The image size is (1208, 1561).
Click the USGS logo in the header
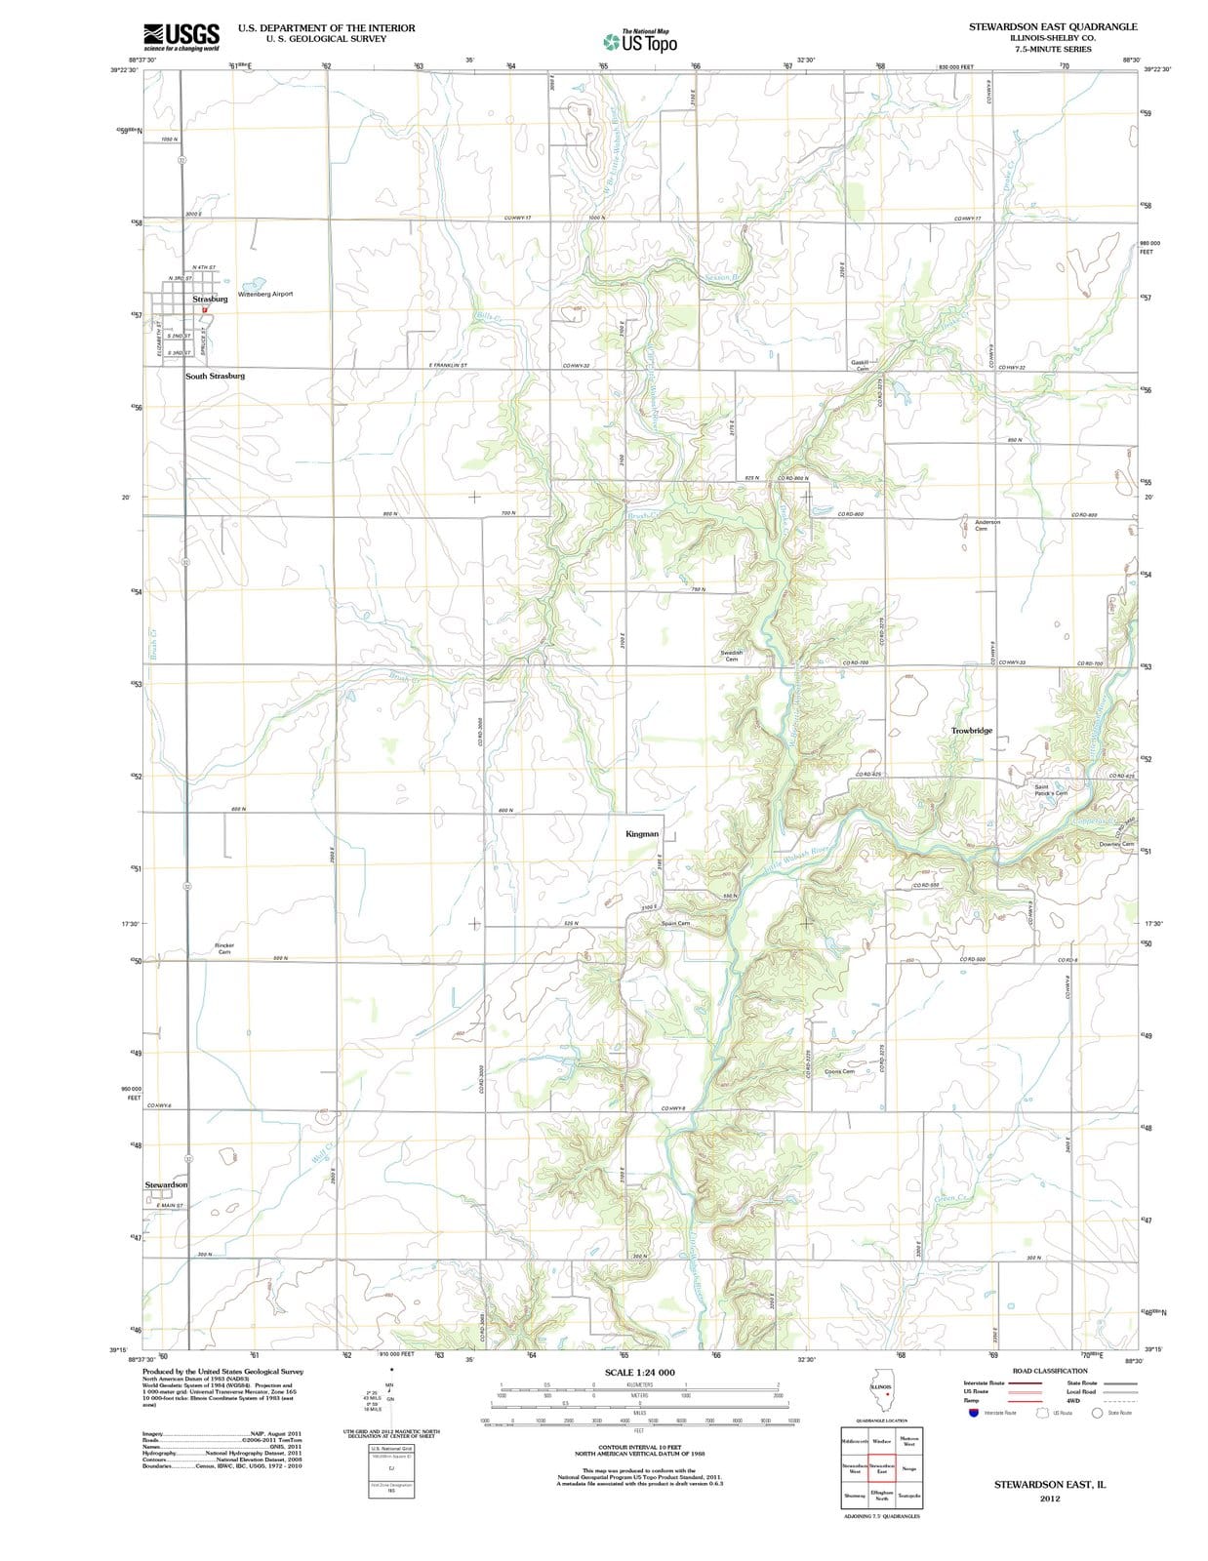click(181, 37)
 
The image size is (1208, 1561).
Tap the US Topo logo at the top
click(640, 42)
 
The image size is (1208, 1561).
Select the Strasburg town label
click(210, 299)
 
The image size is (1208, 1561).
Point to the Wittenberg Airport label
click(264, 294)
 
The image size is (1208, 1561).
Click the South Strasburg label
click(215, 376)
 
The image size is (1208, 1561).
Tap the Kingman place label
click(642, 834)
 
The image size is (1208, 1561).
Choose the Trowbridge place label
click(971, 731)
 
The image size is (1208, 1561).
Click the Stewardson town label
click(166, 1184)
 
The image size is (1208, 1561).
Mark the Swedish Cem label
click(732, 656)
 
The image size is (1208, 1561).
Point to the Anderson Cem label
click(987, 525)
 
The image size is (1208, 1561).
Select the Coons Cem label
click(839, 1071)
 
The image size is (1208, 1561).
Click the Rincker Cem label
click(224, 948)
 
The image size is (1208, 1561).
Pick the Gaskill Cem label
click(861, 365)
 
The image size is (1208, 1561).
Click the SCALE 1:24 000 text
click(639, 1373)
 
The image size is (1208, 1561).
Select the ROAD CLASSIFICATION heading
click(1050, 1371)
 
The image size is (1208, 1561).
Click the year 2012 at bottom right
click(1050, 1498)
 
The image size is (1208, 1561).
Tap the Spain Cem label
click(675, 923)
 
